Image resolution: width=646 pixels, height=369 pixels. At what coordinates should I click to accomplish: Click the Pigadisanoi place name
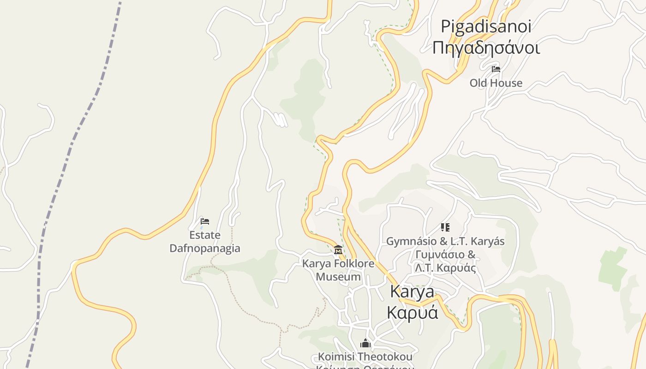(x=486, y=26)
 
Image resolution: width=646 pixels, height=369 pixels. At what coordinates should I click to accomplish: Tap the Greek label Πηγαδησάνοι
(x=486, y=48)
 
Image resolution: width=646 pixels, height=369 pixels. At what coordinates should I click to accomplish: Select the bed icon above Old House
(x=496, y=69)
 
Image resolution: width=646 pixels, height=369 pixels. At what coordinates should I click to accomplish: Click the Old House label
(x=496, y=83)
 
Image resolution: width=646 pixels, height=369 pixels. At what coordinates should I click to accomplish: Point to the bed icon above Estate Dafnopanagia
(x=205, y=221)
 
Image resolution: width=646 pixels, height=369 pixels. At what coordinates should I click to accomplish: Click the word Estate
(x=205, y=235)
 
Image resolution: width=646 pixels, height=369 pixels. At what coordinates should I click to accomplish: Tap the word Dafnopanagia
(x=205, y=248)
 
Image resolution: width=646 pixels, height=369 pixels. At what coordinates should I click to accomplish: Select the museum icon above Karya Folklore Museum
(x=338, y=250)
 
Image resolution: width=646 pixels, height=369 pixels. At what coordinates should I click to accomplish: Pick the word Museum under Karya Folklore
(x=338, y=277)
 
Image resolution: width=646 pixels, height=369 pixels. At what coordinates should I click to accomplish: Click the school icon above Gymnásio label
(x=445, y=227)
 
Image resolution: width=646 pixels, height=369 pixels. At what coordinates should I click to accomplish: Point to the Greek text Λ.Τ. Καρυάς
(x=445, y=268)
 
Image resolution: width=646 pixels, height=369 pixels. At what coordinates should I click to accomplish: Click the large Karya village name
(x=412, y=292)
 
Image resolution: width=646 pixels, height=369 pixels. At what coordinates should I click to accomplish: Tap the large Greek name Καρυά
(x=412, y=312)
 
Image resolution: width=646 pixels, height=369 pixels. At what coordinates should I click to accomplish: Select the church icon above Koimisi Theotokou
(x=365, y=344)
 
